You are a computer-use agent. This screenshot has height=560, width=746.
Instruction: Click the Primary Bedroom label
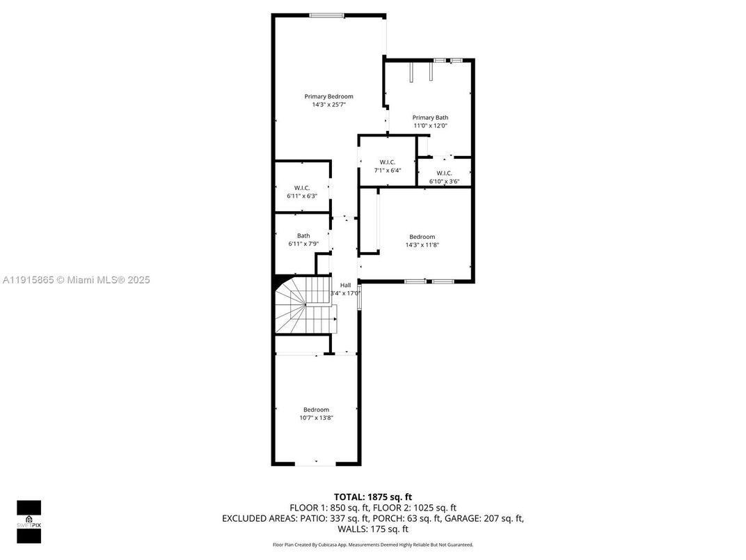click(328, 96)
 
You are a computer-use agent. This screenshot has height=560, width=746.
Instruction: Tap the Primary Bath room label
click(430, 118)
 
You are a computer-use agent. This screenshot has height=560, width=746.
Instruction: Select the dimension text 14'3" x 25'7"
click(328, 104)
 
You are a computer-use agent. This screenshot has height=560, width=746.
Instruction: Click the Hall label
click(345, 285)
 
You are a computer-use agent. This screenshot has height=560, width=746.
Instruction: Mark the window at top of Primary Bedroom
click(326, 15)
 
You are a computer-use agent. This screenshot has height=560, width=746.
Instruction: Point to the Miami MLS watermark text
click(76, 280)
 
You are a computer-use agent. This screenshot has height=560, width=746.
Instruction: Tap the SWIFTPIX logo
click(29, 522)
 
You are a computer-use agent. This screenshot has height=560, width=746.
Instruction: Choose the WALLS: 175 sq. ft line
click(372, 529)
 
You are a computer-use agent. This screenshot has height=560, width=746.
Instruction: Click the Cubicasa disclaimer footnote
click(372, 545)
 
